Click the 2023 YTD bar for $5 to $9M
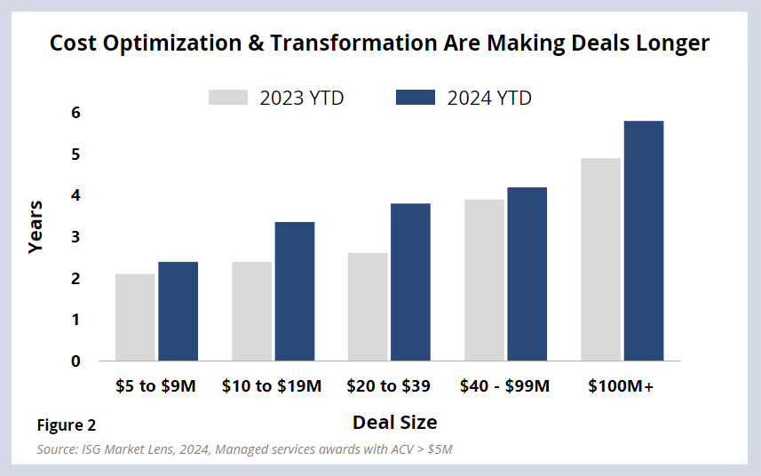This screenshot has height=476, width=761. point(135,317)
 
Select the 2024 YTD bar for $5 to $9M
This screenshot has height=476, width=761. point(178,311)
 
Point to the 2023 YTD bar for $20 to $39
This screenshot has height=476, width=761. point(367,306)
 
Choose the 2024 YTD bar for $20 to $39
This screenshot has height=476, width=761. point(410,282)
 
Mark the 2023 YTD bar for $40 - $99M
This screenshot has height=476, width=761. point(484,280)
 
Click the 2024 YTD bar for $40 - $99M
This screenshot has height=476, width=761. point(527,274)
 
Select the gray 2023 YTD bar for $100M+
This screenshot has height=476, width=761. point(600,259)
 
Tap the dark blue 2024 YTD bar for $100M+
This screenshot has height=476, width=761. point(644,241)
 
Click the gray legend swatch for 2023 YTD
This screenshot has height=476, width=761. point(227,98)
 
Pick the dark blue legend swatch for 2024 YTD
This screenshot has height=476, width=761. point(415,98)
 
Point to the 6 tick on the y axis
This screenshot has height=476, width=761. point(76,113)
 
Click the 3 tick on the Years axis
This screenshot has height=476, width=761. point(76,237)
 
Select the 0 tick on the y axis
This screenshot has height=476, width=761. point(76,361)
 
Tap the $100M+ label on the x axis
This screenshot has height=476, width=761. point(622,386)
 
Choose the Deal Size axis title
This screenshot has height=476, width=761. point(394,422)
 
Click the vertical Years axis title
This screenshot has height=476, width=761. point(36,227)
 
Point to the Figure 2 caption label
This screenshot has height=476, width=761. point(67,425)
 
